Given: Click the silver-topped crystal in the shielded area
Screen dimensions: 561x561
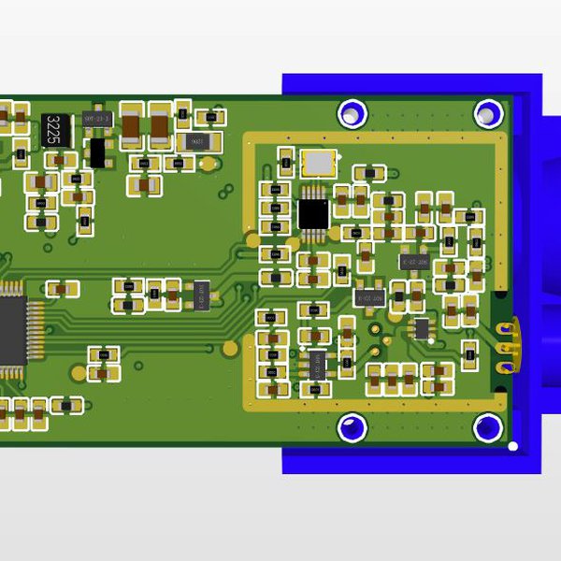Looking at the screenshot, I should [x=317, y=163].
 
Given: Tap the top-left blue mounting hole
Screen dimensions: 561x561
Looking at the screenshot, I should [x=352, y=113].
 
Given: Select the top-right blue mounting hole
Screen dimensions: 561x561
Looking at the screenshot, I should [x=487, y=114].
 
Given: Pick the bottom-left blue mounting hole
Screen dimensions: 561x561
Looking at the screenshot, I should [x=352, y=428].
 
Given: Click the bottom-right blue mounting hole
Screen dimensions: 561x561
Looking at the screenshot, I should [x=487, y=428].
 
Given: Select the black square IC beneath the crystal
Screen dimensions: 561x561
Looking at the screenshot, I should [x=313, y=213].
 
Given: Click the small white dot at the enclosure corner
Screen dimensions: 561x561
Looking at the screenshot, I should [x=512, y=446].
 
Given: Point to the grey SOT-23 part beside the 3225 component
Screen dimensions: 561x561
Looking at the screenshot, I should [x=97, y=119].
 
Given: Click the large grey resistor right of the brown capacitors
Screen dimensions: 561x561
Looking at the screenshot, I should [x=196, y=141].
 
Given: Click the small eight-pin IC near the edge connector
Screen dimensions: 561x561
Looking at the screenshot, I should [x=422, y=328].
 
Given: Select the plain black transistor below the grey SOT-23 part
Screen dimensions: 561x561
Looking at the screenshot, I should [x=96, y=151].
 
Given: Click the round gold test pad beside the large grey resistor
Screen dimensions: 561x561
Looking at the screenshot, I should [x=228, y=142].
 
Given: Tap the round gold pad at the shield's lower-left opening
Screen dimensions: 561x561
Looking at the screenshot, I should [x=230, y=349].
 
